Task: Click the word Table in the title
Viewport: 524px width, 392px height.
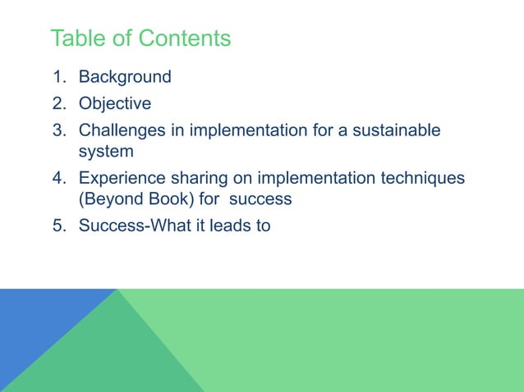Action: pyautogui.click(x=76, y=39)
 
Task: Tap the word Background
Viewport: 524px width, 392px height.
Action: pyautogui.click(x=125, y=77)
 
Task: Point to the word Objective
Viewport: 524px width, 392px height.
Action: pyautogui.click(x=115, y=104)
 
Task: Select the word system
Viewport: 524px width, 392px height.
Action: pyautogui.click(x=105, y=152)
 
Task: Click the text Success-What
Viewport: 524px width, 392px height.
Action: pyautogui.click(x=131, y=226)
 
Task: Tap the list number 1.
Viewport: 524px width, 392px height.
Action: pyautogui.click(x=58, y=77)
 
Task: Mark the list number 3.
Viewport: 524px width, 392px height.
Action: pyautogui.click(x=58, y=130)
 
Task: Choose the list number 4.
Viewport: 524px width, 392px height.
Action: pyautogui.click(x=58, y=178)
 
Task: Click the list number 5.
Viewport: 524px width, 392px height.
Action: pyautogui.click(x=58, y=226)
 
